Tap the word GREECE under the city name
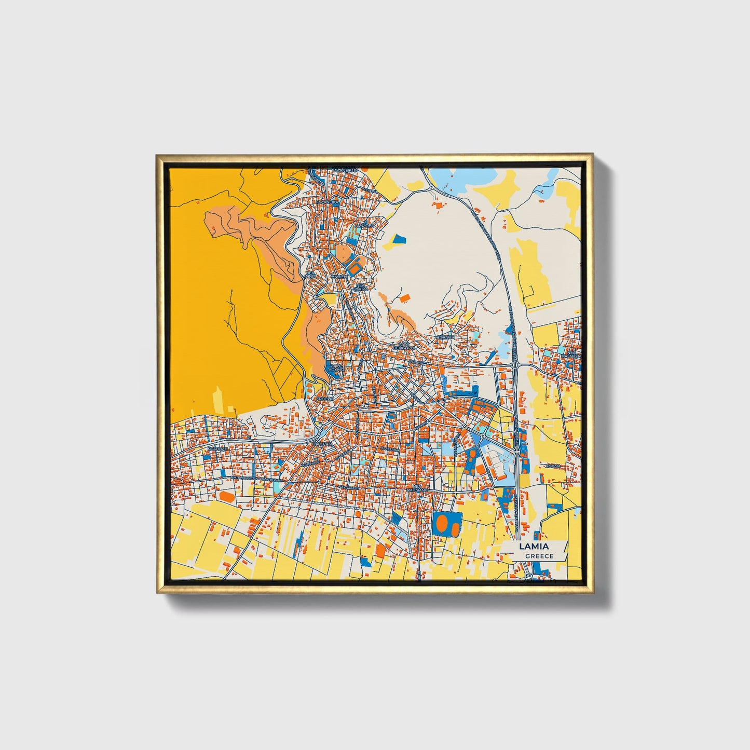(x=539, y=556)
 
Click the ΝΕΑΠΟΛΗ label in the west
(x=218, y=448)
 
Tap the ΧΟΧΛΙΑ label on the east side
(x=553, y=466)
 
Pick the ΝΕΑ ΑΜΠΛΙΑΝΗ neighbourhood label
(x=416, y=489)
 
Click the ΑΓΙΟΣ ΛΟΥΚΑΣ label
(x=336, y=369)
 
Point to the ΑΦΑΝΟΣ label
(x=445, y=337)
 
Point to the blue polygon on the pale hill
(x=399, y=239)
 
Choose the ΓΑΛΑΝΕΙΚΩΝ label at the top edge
(x=345, y=170)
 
